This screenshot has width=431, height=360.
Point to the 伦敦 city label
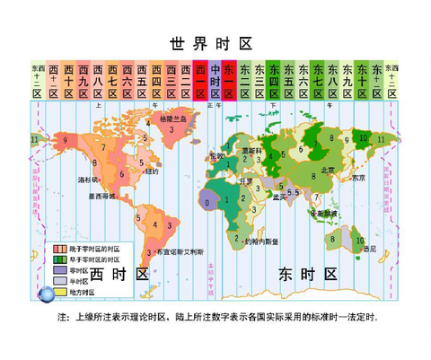(x=215, y=155)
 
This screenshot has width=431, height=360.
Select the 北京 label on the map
(x=328, y=170)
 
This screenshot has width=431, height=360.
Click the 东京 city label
(x=359, y=177)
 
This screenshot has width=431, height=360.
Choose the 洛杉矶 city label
(x=88, y=180)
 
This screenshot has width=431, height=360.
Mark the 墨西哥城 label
(x=100, y=196)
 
